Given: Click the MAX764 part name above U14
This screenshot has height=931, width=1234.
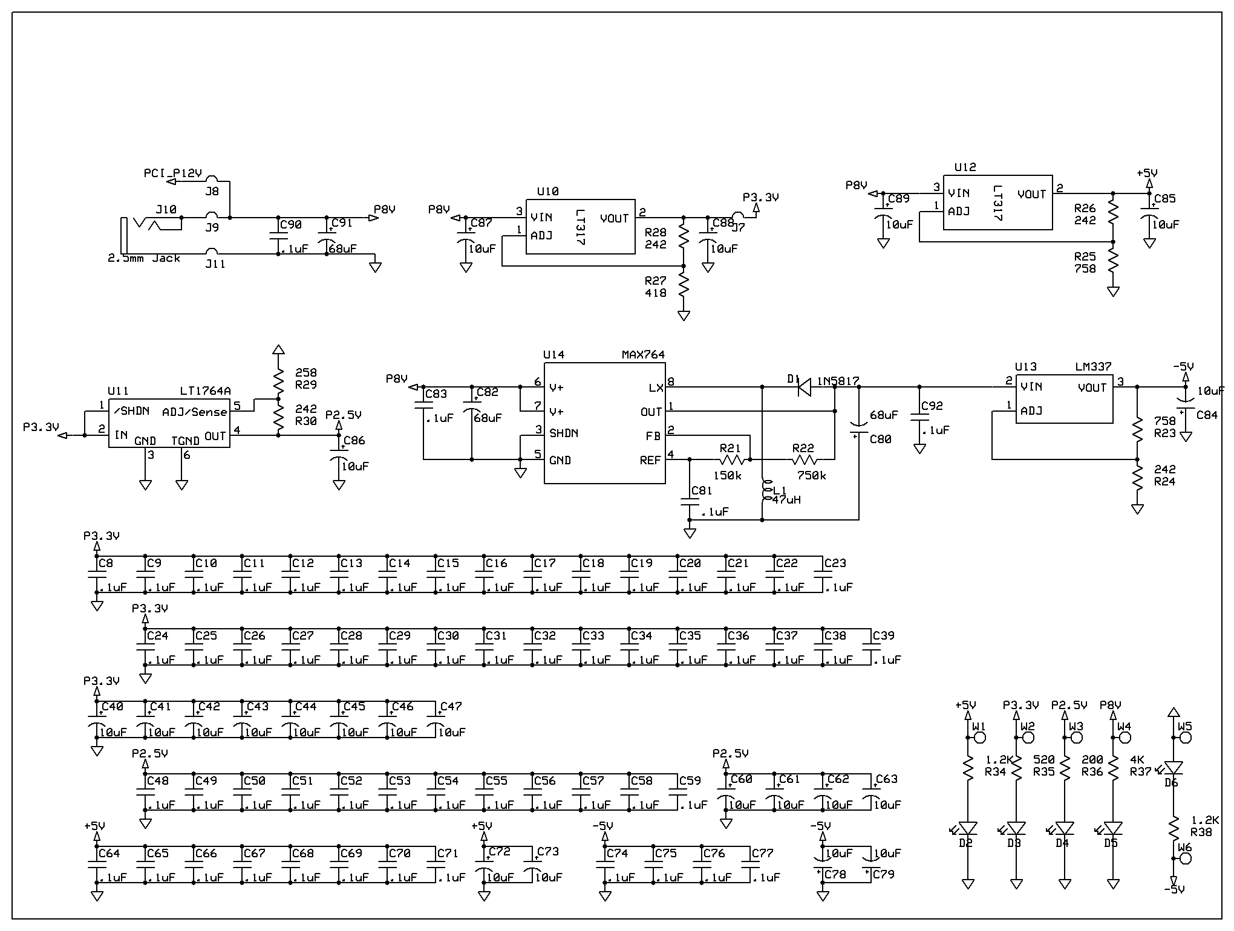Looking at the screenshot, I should tap(643, 355).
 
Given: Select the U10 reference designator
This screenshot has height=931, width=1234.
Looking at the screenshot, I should tap(547, 192).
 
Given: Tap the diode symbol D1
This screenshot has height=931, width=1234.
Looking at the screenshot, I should tap(804, 387).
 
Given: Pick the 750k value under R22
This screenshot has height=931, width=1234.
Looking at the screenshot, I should tap(811, 476).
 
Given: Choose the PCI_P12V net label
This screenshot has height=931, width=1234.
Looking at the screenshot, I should tap(172, 174).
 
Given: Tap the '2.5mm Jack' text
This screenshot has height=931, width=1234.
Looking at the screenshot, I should tap(144, 258).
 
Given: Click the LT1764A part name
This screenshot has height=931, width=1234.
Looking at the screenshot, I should tap(205, 391).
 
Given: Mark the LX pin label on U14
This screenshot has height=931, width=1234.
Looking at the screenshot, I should tap(656, 388).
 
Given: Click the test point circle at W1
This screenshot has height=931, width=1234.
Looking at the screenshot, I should tap(980, 738).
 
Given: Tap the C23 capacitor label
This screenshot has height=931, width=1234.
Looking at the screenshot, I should tap(835, 563).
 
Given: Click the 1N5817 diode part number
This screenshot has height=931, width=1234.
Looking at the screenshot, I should tap(838, 381).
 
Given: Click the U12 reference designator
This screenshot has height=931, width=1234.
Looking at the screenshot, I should tap(965, 167).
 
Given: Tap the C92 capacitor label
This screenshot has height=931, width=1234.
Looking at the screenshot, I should tap(932, 406).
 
